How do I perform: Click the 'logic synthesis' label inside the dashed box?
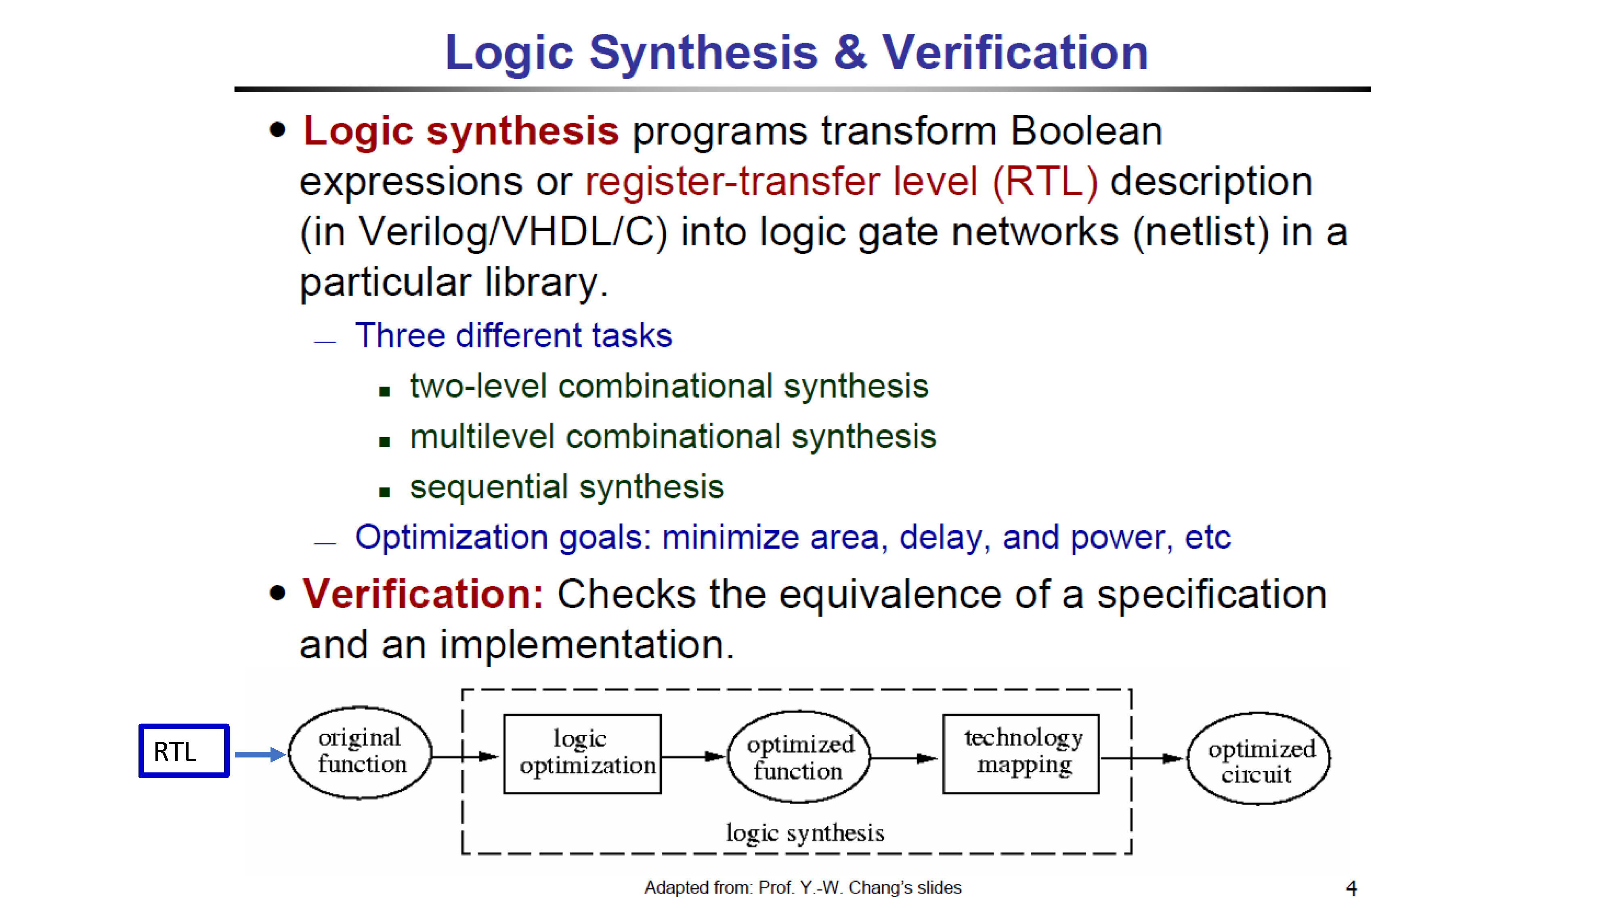805,833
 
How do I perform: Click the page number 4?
1351,888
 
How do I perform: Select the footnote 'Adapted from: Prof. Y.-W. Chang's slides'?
803,887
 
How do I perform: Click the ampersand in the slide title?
850,52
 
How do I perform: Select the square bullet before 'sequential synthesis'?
384,492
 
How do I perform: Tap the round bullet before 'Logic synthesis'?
277,130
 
